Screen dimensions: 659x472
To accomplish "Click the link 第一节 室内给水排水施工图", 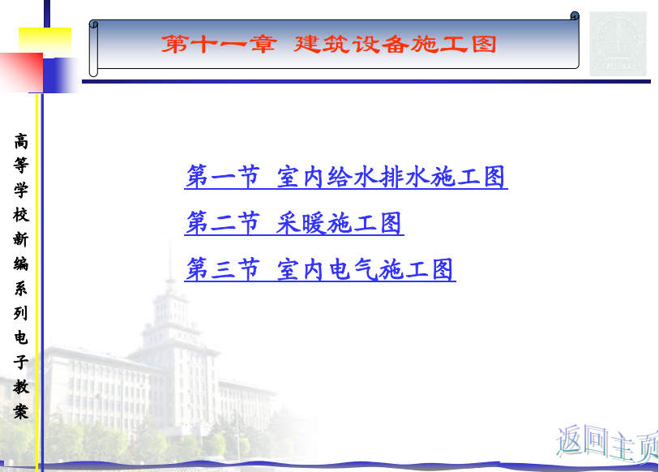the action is (346, 177).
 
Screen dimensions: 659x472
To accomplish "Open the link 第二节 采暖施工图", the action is (294, 223).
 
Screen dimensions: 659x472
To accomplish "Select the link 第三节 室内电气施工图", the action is (320, 269).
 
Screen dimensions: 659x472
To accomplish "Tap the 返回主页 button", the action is (608, 444).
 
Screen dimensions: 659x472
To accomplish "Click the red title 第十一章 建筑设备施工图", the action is (328, 44).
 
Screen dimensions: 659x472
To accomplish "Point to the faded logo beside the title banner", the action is (618, 43).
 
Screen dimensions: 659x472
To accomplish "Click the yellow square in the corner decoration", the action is (45, 41).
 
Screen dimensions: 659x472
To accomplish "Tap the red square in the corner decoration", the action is (21, 72).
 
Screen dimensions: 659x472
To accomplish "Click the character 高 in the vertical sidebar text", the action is (21, 142).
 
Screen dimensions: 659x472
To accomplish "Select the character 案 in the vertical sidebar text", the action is (21, 411).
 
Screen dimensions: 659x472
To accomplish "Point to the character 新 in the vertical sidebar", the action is (21, 239).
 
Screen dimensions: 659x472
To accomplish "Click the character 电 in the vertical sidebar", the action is (21, 337).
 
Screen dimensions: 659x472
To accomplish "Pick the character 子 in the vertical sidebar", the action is (21, 362).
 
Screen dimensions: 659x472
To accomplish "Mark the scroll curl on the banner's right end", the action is (575, 16).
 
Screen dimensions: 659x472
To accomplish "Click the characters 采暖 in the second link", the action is (302, 223).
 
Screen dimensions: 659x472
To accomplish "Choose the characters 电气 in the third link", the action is (354, 269).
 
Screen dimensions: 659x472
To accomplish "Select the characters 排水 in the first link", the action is (406, 177).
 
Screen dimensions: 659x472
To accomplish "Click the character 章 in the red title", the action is (263, 44).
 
